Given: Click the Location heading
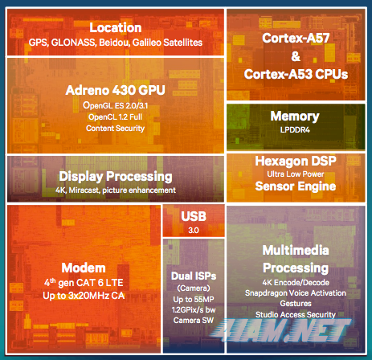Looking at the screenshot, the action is [x=116, y=27].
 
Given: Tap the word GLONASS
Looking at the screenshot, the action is [x=73, y=43].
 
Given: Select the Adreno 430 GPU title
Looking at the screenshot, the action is [x=116, y=90].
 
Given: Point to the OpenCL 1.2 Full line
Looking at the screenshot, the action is [x=116, y=117].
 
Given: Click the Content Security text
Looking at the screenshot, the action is [x=116, y=129].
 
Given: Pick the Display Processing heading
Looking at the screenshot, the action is [x=116, y=177].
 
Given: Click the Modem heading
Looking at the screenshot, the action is [x=84, y=268].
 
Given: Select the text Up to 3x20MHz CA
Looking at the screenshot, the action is [x=84, y=296].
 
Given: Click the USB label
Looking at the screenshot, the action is [x=194, y=216].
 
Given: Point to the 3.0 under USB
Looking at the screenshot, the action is [x=194, y=231].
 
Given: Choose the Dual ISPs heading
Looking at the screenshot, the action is [x=194, y=276].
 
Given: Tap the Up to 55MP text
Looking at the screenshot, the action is [x=194, y=300].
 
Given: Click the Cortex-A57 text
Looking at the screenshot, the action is [x=296, y=38].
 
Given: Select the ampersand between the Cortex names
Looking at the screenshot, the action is [x=296, y=56].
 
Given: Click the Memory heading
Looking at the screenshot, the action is [x=295, y=117].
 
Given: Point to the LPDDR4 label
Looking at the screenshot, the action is [x=295, y=130].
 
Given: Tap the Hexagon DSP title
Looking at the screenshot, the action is [x=296, y=162].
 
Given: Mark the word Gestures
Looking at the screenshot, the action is [x=296, y=304].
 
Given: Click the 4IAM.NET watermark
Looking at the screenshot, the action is [x=280, y=330].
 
